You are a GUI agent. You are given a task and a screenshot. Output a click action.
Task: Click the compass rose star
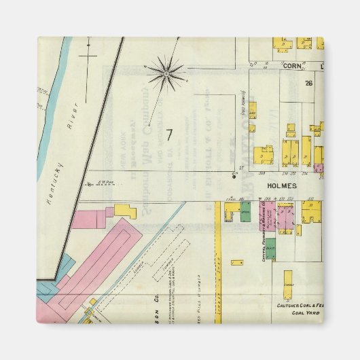165,70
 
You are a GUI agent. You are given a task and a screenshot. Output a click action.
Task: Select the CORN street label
291,66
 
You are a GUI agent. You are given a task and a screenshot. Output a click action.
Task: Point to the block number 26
308,83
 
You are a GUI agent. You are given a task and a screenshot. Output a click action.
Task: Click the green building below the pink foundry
270,248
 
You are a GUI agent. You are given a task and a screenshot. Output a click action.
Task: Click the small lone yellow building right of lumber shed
238,262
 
